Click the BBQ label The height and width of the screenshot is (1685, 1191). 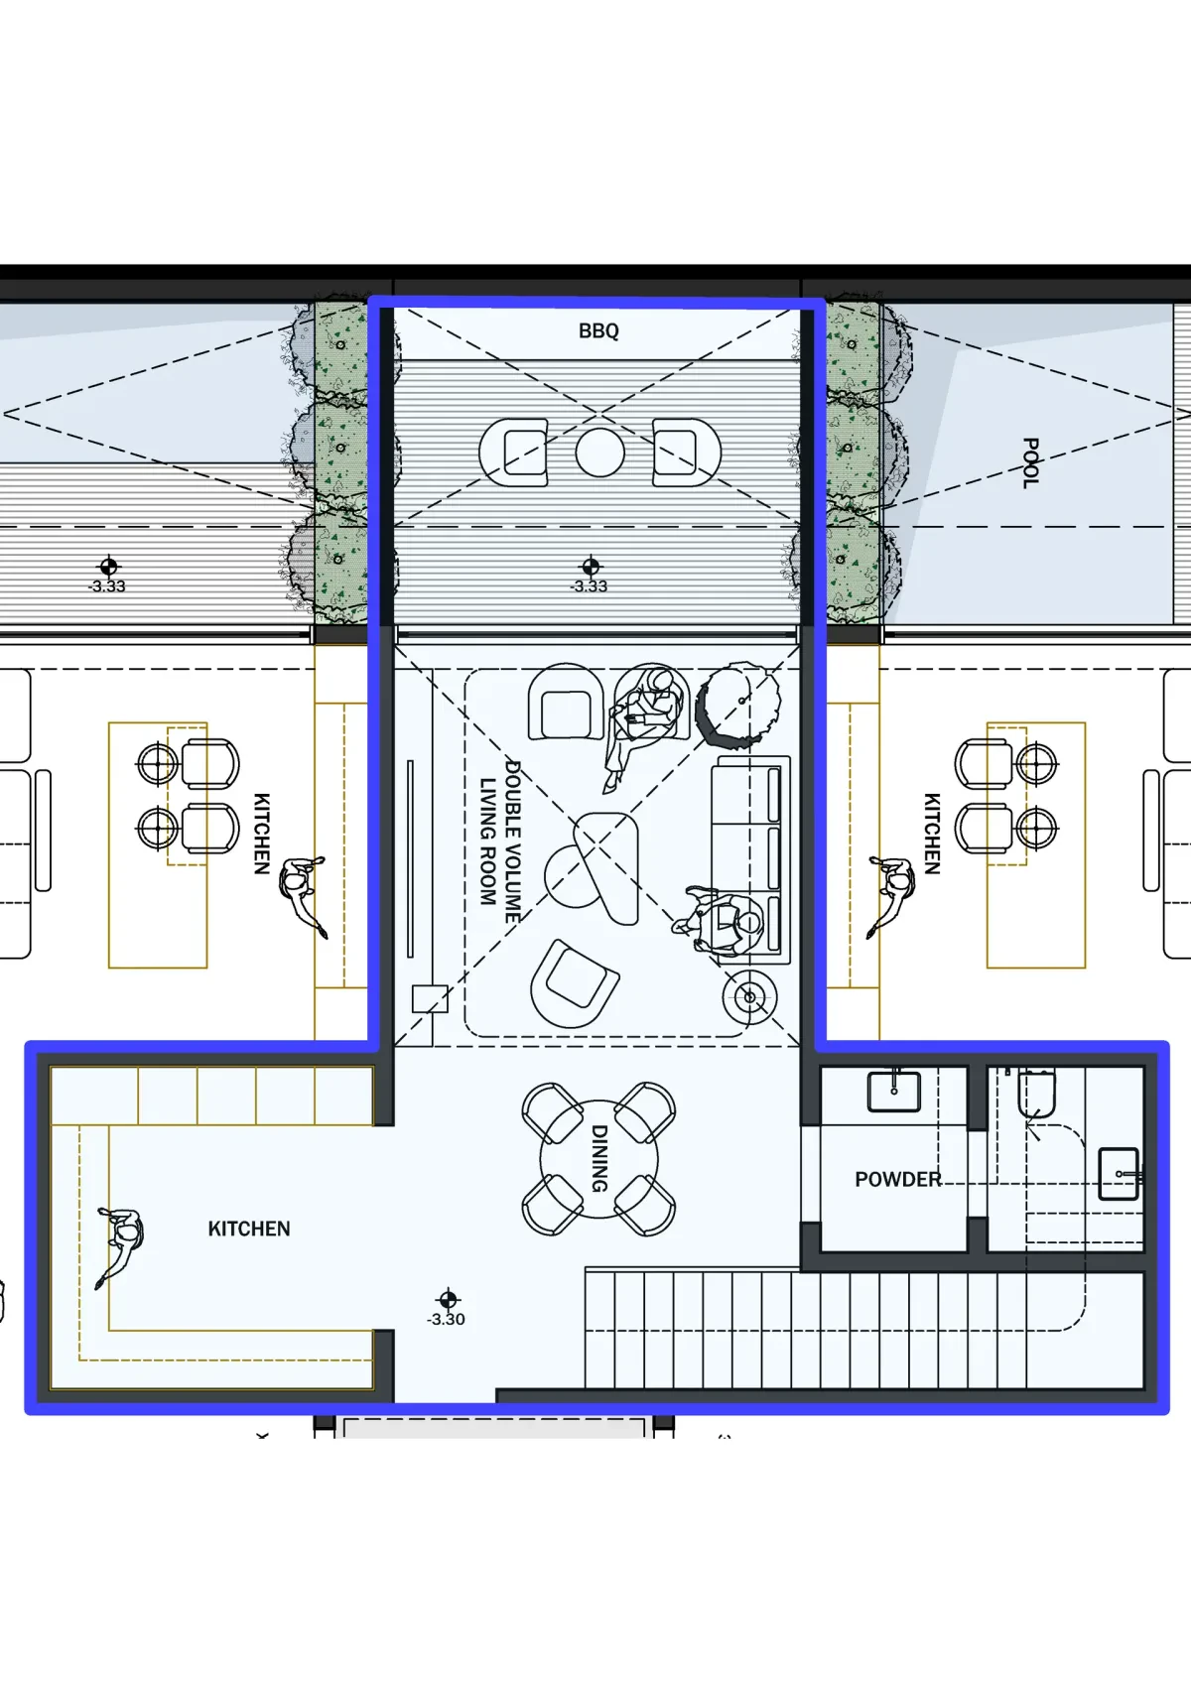tap(598, 331)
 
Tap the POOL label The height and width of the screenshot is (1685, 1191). tap(1031, 463)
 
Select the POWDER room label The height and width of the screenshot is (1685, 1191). tap(898, 1179)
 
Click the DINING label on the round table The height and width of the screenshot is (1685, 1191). tap(598, 1158)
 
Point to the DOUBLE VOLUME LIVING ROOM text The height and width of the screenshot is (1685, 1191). tap(500, 842)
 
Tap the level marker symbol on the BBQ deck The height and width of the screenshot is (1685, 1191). tap(591, 567)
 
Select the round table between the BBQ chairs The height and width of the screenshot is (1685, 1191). tap(599, 453)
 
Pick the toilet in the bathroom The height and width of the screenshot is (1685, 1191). tap(1037, 1093)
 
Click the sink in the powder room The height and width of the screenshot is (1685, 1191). tap(894, 1091)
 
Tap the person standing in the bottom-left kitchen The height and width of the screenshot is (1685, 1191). tap(119, 1246)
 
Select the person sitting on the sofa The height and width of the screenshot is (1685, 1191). tap(719, 922)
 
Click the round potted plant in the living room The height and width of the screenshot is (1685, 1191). tap(739, 701)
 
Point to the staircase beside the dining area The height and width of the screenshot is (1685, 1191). tap(865, 1329)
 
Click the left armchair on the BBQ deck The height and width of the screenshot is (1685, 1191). tap(514, 453)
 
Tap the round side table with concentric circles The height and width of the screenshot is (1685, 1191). tap(749, 997)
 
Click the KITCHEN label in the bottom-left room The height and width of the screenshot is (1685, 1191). tap(249, 1229)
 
